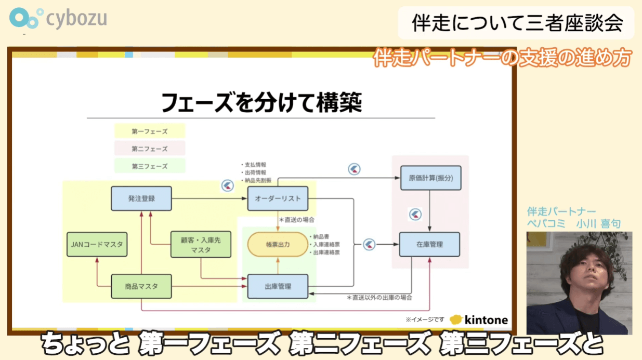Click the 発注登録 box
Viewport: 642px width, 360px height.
pos(141,198)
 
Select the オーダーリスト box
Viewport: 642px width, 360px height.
pos(278,198)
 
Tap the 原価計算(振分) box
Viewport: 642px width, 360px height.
pos(430,178)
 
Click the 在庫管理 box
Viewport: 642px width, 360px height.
pos(429,244)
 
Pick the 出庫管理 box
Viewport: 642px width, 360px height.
pos(278,286)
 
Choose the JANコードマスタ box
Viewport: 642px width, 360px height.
pos(97,245)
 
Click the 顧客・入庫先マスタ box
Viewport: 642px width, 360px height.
pos(201,245)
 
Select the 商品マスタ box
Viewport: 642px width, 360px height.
pos(141,286)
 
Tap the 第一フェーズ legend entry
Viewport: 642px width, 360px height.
pos(150,131)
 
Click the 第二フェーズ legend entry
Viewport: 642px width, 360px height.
pos(150,149)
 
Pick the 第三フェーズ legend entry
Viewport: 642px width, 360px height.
pos(150,166)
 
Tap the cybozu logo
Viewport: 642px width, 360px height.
pos(58,19)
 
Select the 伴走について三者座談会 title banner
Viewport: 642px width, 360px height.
pos(516,23)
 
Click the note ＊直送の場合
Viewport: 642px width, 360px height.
pos(296,220)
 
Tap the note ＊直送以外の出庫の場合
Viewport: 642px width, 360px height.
pos(379,298)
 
